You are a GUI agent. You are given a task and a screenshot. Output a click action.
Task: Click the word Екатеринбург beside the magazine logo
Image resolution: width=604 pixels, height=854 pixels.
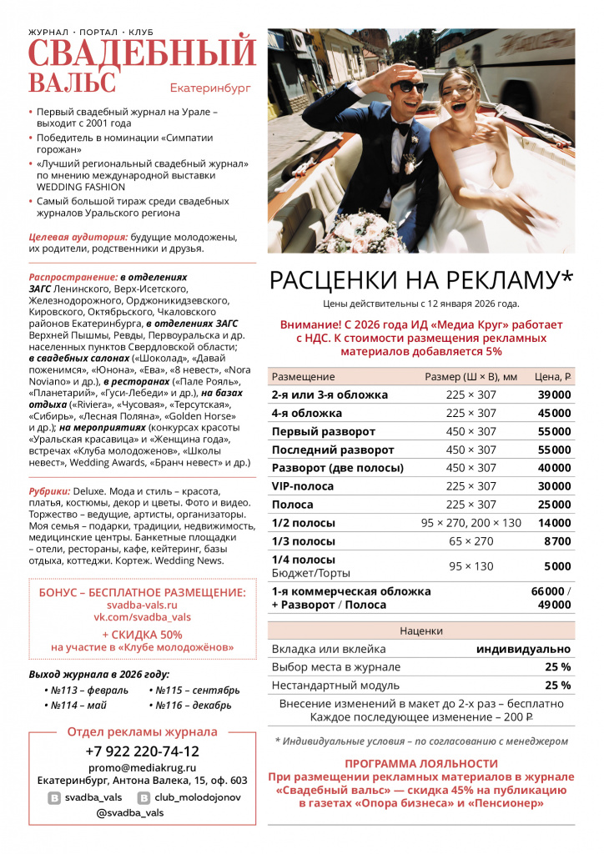209,87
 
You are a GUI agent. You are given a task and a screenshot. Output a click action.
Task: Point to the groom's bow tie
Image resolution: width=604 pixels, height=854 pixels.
403,129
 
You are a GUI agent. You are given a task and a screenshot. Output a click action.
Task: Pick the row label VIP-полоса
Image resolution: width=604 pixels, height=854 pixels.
303,486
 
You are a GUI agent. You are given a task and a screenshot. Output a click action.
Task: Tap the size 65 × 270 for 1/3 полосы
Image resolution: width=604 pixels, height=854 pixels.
471,541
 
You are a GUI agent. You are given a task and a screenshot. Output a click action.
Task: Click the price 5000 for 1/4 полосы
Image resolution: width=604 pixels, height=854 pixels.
557,565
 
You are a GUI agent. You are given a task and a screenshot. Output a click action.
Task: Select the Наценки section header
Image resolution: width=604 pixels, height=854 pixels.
421,630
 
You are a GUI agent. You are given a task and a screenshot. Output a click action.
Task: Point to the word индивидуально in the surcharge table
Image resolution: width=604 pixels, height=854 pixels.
523,649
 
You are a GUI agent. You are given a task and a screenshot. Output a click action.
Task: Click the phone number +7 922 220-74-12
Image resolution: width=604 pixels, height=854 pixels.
143,751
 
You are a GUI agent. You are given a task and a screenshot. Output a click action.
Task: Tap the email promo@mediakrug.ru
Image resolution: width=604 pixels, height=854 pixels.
143,767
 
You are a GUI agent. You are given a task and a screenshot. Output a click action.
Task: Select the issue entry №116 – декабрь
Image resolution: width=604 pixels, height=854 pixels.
189,706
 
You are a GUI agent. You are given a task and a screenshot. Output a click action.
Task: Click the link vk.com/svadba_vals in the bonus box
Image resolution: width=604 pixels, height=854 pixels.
143,618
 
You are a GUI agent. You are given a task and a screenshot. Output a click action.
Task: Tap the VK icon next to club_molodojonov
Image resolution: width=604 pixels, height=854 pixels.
143,798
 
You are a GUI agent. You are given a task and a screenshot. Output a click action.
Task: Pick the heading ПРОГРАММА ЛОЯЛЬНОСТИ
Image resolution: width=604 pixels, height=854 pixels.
421,764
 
